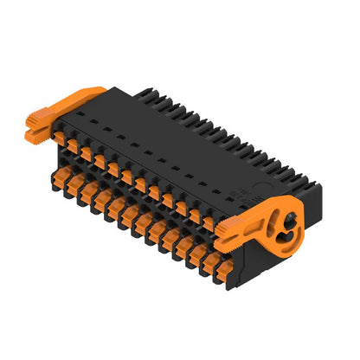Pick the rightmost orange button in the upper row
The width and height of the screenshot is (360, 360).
point(208,222)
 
